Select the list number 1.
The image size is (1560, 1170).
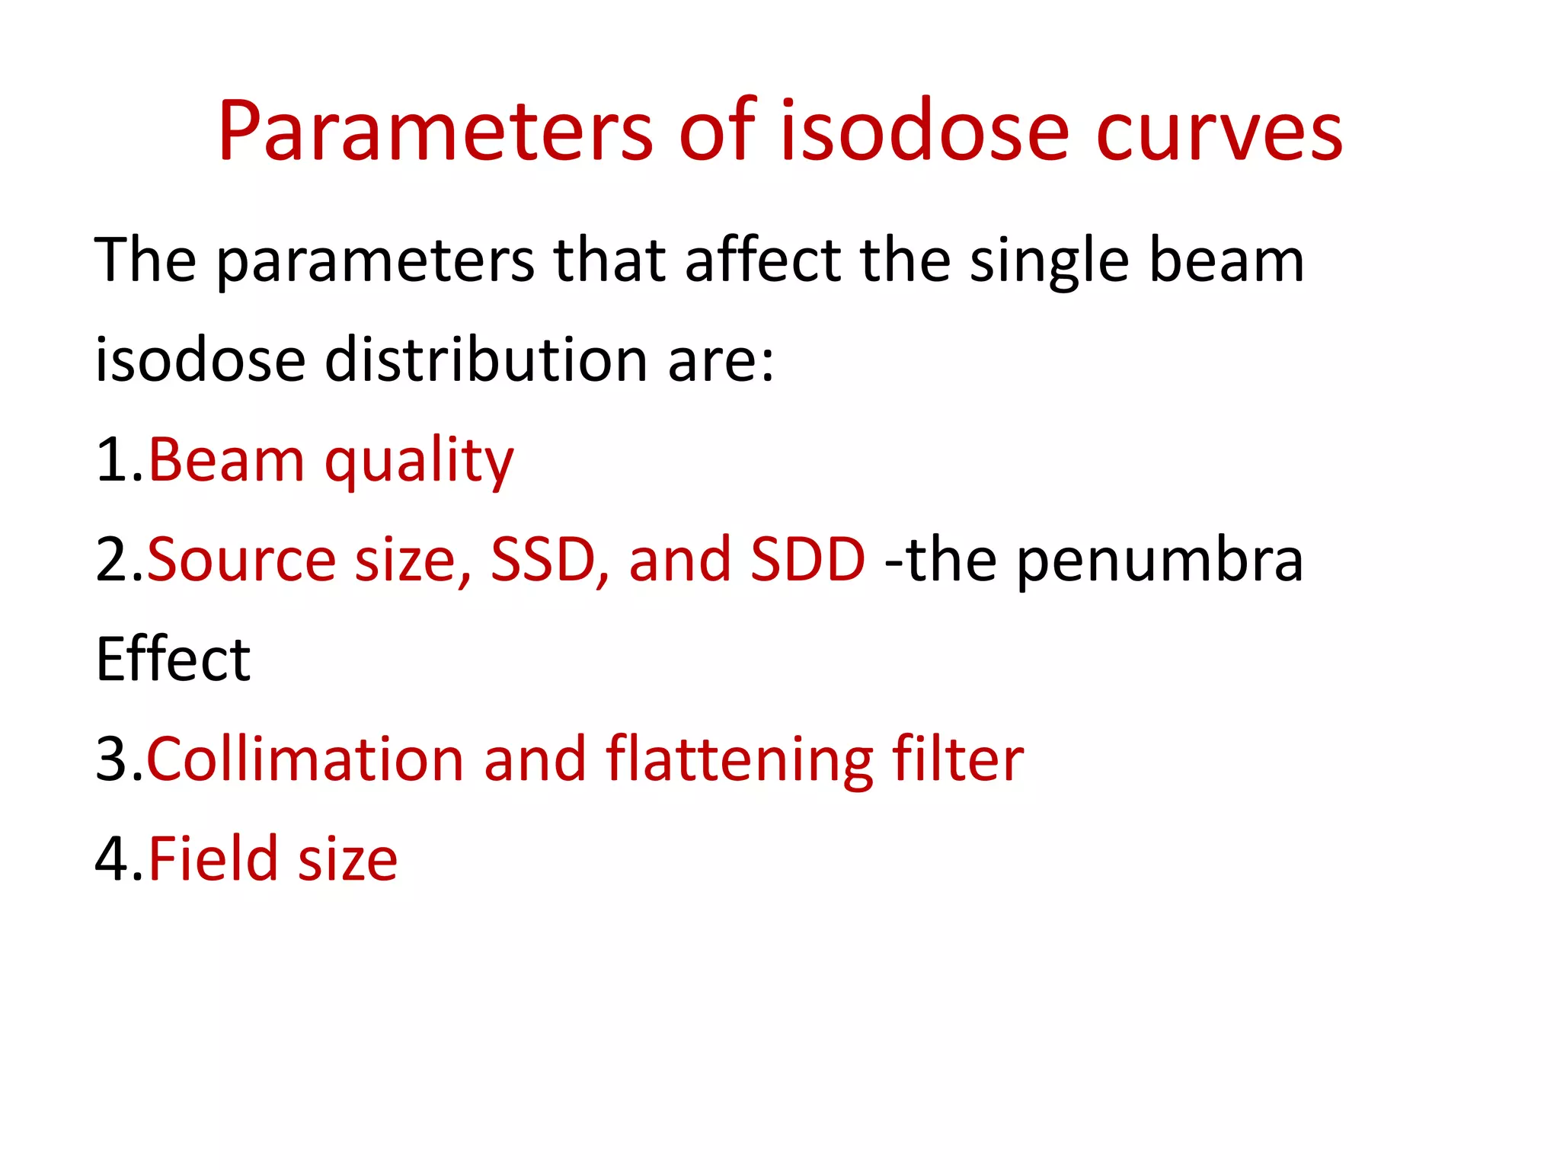click(113, 460)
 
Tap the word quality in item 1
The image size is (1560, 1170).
click(419, 462)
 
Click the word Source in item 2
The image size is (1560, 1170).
click(241, 560)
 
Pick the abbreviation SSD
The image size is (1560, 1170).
click(542, 560)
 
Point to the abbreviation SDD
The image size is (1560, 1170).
click(807, 560)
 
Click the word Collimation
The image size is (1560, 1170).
click(305, 759)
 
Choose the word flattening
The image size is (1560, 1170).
click(739, 759)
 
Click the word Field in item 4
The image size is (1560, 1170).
click(213, 858)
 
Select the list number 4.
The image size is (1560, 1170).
click(113, 858)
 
